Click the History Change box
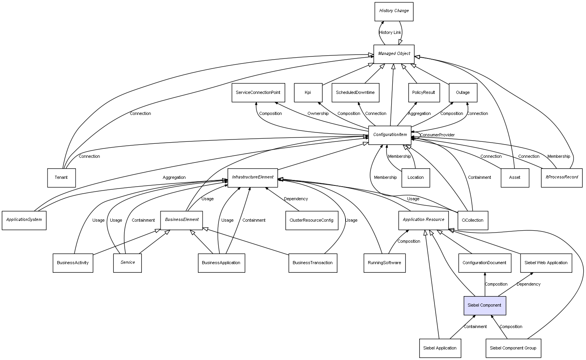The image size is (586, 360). click(394, 11)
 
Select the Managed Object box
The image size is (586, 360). click(394, 54)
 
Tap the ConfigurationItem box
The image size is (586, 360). click(390, 135)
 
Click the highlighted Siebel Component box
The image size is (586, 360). click(484, 305)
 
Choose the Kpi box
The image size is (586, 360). click(308, 93)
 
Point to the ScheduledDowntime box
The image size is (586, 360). click(355, 93)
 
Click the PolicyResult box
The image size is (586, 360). click(424, 93)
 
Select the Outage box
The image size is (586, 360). click(462, 93)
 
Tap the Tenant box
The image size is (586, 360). click(61, 178)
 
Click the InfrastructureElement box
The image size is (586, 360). click(252, 177)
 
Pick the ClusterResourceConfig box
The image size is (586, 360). click(311, 220)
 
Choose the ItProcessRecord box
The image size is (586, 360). click(561, 177)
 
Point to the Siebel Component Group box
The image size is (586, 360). click(513, 348)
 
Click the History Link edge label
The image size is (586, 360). click(390, 33)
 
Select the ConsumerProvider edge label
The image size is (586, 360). click(437, 135)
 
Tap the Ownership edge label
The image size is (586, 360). click(318, 114)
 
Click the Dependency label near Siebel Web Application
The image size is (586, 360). click(528, 284)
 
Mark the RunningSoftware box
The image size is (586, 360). click(384, 263)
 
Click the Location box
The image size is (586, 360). click(415, 178)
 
